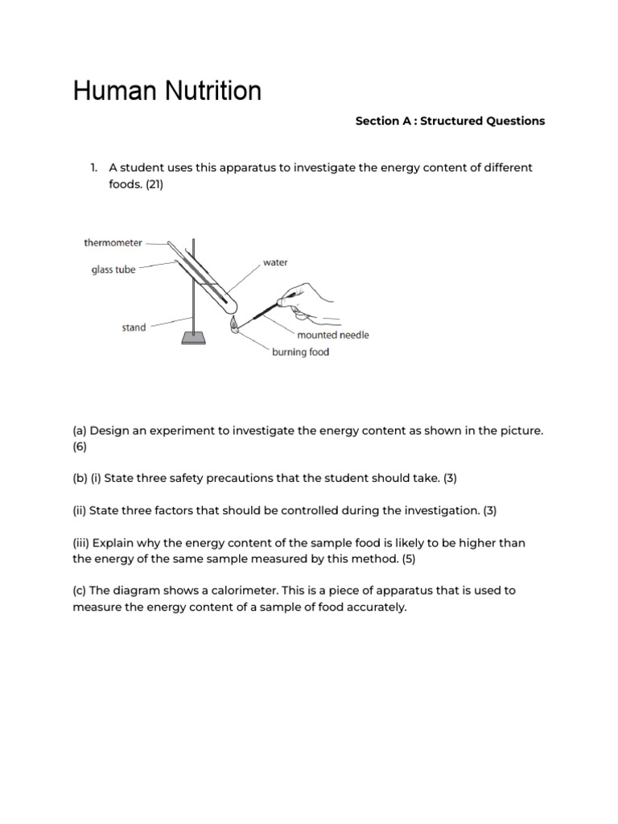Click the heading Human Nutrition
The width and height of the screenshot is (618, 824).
(167, 91)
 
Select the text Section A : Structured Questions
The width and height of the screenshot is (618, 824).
(450, 121)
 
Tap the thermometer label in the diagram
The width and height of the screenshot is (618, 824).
(113, 242)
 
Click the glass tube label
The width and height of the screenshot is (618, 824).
(113, 270)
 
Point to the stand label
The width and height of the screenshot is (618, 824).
(134, 328)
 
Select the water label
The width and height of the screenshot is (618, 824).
(275, 263)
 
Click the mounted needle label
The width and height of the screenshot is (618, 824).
(332, 335)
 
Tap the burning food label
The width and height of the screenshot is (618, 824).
(300, 352)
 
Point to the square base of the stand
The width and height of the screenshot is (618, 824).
(193, 338)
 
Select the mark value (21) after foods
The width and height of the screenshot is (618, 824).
(154, 183)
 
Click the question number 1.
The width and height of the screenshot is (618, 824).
(93, 167)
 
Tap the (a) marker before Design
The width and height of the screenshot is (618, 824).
(80, 431)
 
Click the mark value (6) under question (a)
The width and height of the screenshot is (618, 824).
(80, 446)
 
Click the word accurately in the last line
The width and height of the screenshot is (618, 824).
(377, 608)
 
